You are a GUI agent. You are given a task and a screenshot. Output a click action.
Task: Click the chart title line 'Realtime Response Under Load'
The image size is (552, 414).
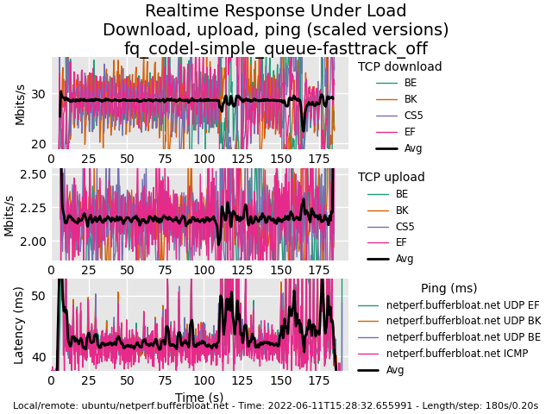[x=276, y=11]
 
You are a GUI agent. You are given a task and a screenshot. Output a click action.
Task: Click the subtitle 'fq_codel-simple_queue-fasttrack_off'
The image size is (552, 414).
[x=276, y=48]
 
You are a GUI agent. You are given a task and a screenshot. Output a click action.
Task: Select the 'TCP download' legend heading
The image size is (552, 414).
[x=399, y=66]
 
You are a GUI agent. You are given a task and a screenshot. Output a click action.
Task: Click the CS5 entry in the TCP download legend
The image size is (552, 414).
[x=413, y=116]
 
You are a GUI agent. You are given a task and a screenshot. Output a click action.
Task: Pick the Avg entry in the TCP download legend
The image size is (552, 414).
[x=413, y=148]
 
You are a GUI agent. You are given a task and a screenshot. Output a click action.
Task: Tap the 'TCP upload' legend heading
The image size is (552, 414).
[x=391, y=177]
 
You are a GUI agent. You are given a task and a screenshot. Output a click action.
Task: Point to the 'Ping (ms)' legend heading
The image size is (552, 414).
[x=448, y=288]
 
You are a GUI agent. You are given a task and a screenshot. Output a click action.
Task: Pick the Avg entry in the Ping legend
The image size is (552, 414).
[x=395, y=370]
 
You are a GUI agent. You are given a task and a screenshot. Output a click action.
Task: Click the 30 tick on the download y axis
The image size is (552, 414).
[x=38, y=94]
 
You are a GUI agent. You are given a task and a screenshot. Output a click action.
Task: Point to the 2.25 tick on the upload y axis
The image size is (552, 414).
[x=33, y=208]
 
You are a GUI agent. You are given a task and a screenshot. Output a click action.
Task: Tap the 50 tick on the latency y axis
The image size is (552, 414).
[x=38, y=296]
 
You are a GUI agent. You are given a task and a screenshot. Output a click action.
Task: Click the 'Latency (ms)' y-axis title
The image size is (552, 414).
[x=19, y=325]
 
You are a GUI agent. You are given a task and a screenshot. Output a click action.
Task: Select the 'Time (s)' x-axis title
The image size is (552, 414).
[x=199, y=398]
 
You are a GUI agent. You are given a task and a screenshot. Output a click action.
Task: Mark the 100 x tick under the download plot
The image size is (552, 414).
[x=203, y=159]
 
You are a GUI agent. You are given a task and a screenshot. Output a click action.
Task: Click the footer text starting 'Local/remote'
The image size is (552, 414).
[x=276, y=405]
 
